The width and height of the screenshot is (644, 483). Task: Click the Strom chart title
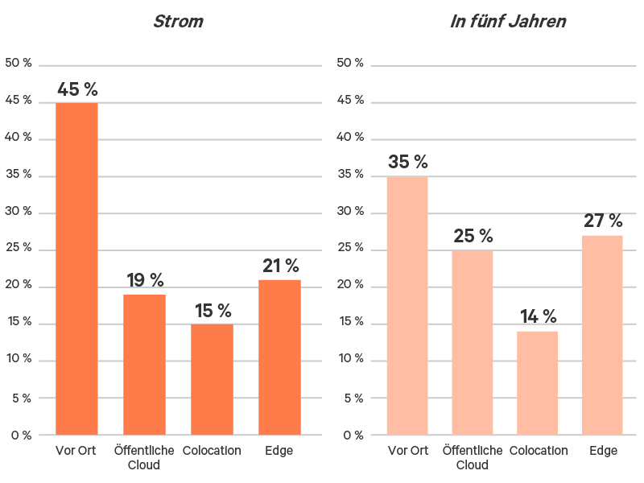(x=178, y=21)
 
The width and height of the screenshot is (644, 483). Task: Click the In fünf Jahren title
(x=507, y=21)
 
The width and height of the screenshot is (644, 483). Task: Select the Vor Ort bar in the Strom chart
(x=76, y=269)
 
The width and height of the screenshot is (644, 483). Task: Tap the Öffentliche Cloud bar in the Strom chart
(x=144, y=365)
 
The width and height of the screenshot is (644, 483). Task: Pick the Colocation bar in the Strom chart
(x=212, y=379)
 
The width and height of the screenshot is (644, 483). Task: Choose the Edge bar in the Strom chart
(x=279, y=357)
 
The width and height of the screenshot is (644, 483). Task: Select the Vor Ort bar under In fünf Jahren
(x=407, y=306)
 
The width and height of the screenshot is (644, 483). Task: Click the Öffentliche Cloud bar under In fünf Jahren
(x=473, y=343)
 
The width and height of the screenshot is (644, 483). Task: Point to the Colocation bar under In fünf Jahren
(x=537, y=383)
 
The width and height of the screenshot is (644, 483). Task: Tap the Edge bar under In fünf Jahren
(x=602, y=335)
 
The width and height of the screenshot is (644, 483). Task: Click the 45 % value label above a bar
(x=76, y=89)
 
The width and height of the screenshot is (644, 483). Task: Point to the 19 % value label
(x=145, y=280)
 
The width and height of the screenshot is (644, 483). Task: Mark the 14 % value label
(x=537, y=316)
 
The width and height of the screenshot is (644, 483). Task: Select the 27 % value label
(x=603, y=221)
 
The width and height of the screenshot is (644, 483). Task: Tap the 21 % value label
(x=280, y=266)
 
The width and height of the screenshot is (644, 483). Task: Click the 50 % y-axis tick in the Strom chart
(x=18, y=63)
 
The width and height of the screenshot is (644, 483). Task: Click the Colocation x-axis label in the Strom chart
(x=212, y=451)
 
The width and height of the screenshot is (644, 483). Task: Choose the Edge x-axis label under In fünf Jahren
(x=602, y=451)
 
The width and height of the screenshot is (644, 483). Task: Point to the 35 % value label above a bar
(x=407, y=162)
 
